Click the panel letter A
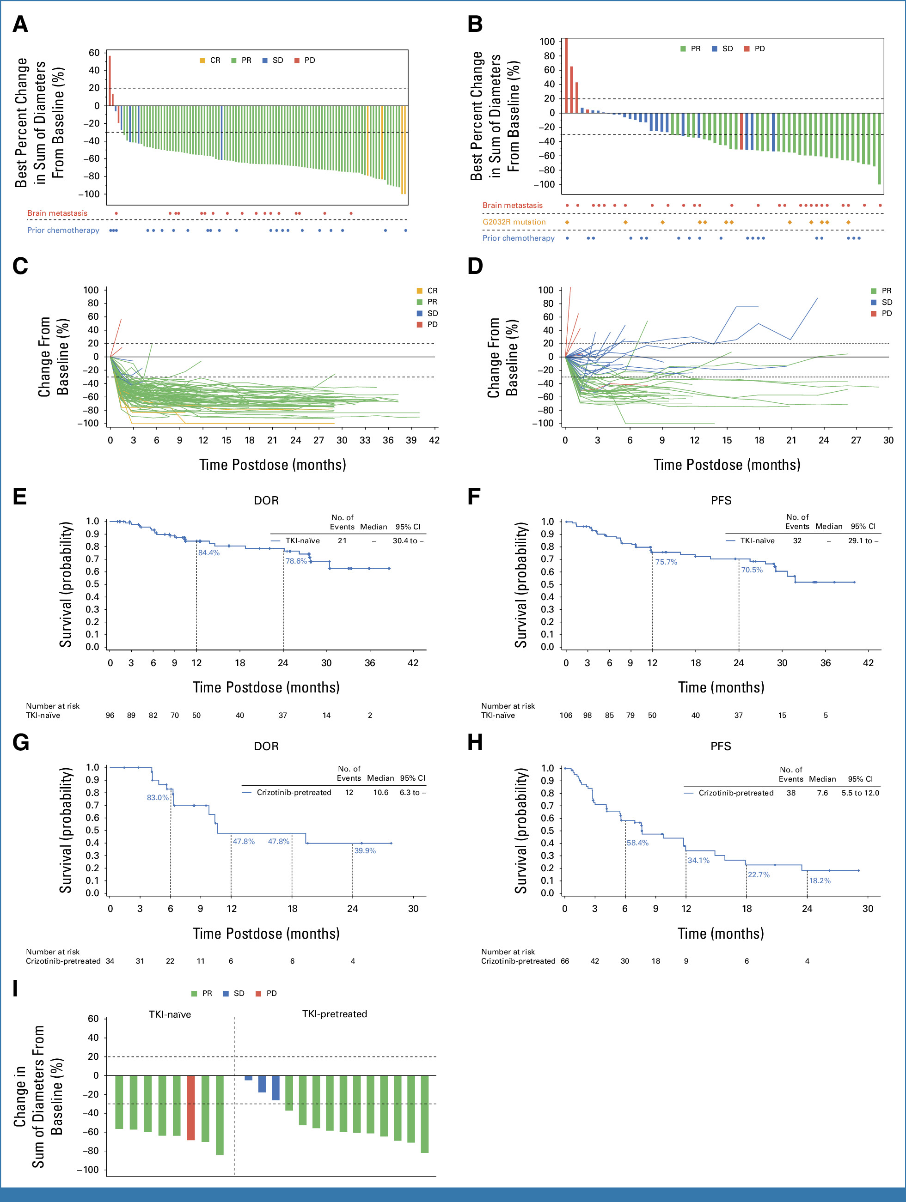click(x=20, y=24)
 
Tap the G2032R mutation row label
click(x=514, y=222)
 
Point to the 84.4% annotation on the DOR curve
click(x=209, y=552)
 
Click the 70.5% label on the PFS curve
click(x=752, y=570)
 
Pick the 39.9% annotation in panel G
click(x=365, y=850)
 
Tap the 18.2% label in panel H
click(x=820, y=880)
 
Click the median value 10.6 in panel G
click(x=381, y=792)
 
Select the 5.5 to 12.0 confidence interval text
click(x=860, y=793)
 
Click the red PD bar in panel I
click(x=191, y=1107)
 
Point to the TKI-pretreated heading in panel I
click(x=335, y=1014)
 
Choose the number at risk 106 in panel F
click(x=566, y=715)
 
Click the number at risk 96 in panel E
click(x=110, y=715)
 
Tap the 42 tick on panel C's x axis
click(x=434, y=440)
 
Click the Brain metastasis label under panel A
click(x=57, y=213)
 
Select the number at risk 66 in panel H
click(x=565, y=961)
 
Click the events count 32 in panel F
click(x=797, y=540)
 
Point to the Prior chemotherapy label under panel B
click(x=518, y=238)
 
